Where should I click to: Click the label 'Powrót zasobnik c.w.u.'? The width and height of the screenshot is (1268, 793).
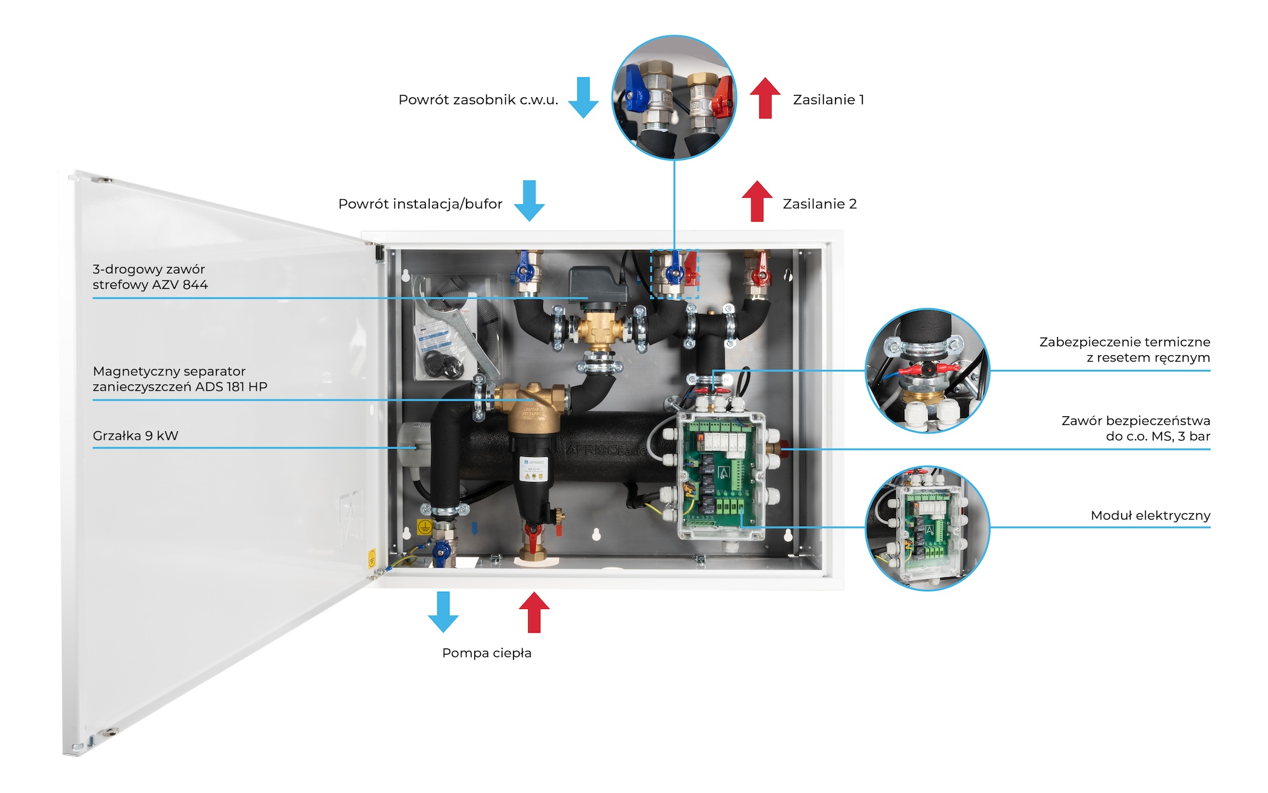tap(478, 100)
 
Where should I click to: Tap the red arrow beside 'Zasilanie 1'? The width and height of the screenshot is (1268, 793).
tap(765, 98)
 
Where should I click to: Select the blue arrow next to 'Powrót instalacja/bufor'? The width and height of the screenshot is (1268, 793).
tap(529, 200)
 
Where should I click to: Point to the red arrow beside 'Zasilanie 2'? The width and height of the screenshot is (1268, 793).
tap(757, 201)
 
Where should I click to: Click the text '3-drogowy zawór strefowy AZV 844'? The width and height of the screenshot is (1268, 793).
tap(150, 277)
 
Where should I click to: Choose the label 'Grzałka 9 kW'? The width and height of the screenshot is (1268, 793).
tap(136, 436)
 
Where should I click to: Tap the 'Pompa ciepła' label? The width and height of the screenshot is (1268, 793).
tap(487, 653)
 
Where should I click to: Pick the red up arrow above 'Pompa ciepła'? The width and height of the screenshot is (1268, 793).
tap(534, 612)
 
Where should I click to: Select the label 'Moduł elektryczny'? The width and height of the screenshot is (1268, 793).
tap(1150, 515)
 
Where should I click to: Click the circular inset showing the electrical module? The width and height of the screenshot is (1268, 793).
tap(927, 528)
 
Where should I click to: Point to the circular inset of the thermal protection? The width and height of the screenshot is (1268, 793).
tap(927, 371)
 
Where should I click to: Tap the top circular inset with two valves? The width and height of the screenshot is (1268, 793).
tap(674, 97)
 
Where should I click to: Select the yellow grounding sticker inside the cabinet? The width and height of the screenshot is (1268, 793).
tap(424, 527)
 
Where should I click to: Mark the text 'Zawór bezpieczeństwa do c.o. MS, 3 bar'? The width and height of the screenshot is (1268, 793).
tap(1135, 428)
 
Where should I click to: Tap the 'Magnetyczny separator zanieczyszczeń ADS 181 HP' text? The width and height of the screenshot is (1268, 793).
tap(180, 379)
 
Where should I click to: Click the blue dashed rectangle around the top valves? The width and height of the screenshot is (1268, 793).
tap(675, 274)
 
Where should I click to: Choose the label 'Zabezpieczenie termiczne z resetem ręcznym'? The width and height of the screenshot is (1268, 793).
tap(1124, 350)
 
